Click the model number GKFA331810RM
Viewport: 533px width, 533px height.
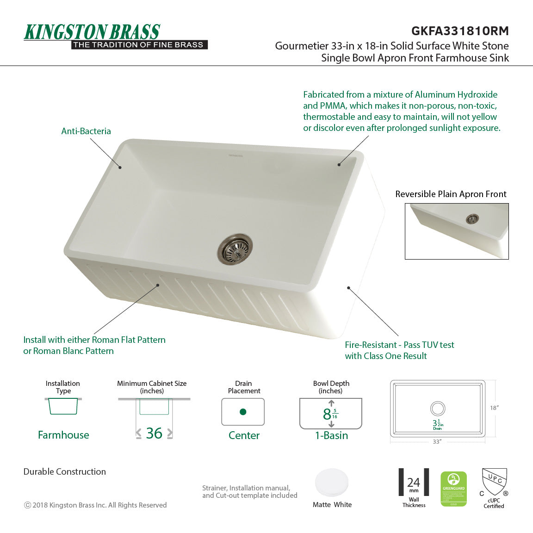[460, 31]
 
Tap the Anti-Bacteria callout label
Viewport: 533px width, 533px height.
[86, 131]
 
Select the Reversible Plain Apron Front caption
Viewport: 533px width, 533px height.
[451, 194]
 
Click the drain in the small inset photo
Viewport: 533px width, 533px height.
[472, 219]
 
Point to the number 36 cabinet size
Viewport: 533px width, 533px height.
[154, 433]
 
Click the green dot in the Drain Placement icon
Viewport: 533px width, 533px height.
[243, 412]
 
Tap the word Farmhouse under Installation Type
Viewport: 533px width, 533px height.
[63, 435]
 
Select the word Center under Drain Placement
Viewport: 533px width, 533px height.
[244, 435]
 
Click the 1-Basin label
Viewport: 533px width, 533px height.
[331, 435]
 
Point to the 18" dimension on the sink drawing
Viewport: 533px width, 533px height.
[494, 408]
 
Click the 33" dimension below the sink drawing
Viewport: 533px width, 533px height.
[437, 442]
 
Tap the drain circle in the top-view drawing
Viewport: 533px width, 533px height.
[438, 409]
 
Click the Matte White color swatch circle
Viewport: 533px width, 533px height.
[332, 483]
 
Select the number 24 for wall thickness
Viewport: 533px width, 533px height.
[414, 483]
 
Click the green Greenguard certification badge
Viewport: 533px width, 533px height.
[453, 489]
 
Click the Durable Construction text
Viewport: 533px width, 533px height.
[65, 471]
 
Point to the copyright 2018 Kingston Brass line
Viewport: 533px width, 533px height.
[95, 505]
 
